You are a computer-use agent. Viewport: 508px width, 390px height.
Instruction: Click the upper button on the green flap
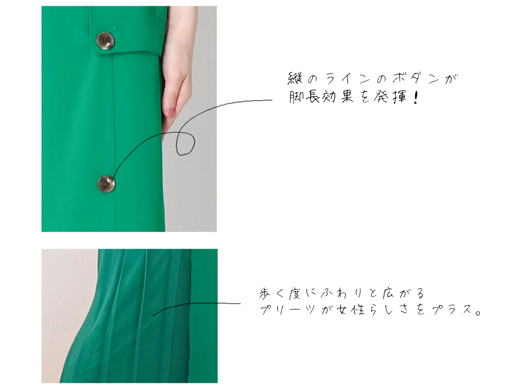(x=106, y=41)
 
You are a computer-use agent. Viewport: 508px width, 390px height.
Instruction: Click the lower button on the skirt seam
(x=106, y=184)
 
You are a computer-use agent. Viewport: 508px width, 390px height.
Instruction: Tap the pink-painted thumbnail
(x=170, y=112)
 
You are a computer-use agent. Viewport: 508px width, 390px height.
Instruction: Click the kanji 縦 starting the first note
(x=295, y=79)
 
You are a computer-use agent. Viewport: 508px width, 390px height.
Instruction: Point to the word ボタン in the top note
(x=416, y=79)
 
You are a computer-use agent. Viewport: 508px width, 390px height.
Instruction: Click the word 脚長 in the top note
(x=305, y=97)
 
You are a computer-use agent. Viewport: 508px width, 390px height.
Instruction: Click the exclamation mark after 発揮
(x=416, y=97)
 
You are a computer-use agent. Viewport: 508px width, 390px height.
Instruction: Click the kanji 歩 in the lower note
(x=265, y=294)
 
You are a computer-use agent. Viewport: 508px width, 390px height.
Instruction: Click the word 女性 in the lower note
(x=351, y=310)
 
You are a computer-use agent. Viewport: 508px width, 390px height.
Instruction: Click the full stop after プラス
(x=478, y=313)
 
